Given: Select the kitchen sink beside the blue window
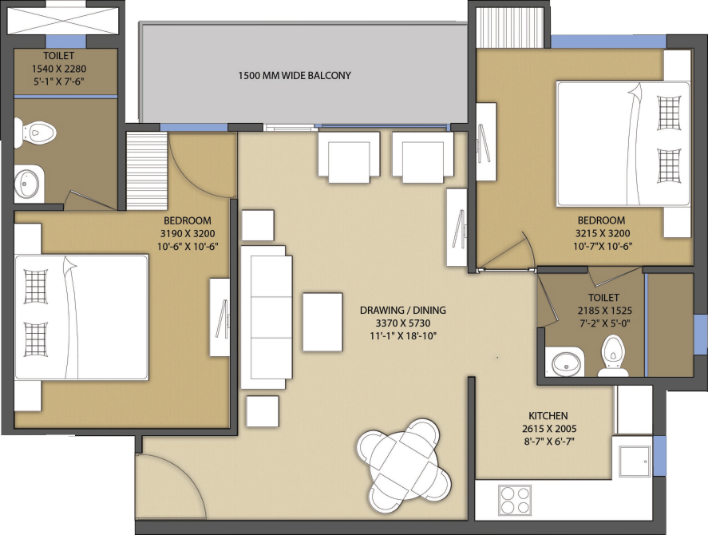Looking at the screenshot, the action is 635,461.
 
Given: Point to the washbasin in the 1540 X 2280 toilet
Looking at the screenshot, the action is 29,184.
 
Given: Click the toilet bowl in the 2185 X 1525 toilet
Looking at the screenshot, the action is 614,355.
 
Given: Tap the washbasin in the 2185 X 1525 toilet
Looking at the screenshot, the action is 564,362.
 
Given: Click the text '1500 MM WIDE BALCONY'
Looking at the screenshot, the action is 295,76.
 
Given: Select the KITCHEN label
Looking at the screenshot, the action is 548,415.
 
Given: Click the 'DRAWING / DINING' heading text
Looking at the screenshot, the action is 403,310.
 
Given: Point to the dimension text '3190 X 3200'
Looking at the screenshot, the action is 188,234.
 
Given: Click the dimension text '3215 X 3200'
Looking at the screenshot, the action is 603,233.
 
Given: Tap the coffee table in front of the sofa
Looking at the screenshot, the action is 322,322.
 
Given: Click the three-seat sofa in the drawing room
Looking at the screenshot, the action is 267,317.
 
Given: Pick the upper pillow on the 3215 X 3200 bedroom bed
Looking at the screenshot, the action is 669,112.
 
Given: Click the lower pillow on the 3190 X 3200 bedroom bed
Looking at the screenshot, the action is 35,339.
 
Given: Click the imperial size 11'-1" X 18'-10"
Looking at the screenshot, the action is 402,335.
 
